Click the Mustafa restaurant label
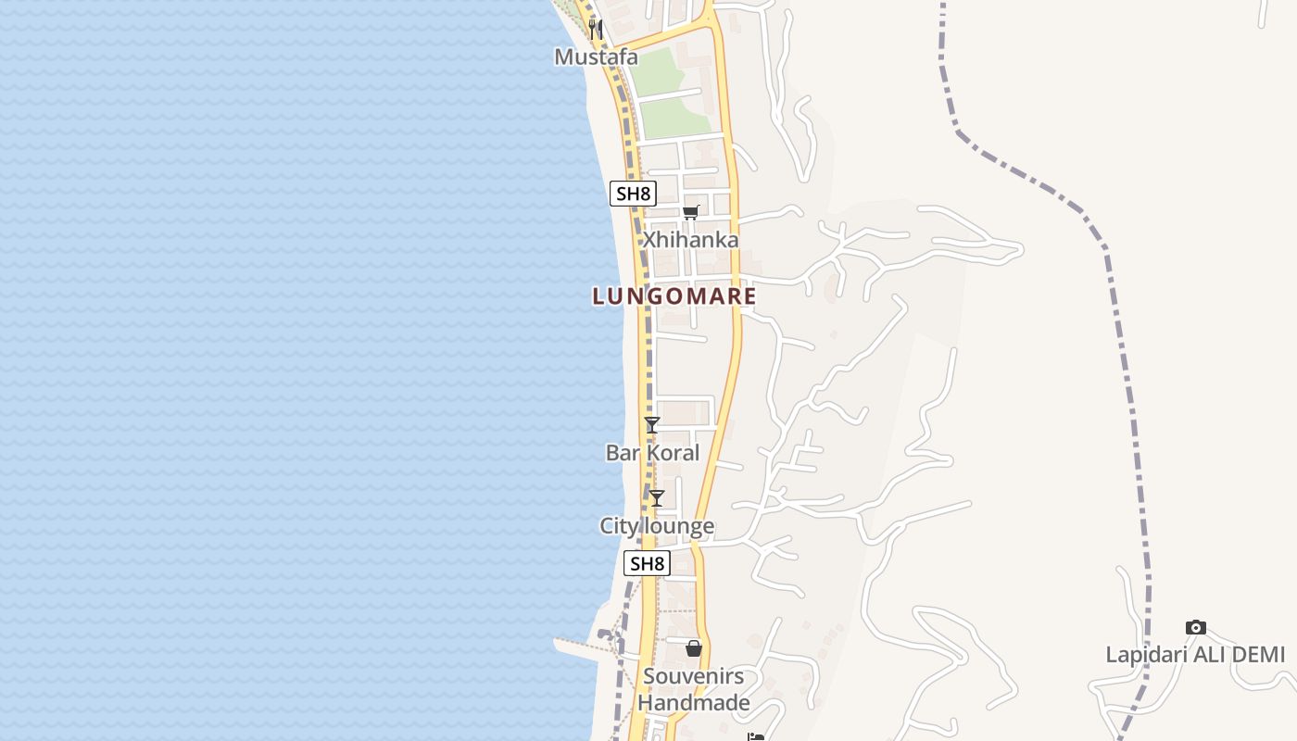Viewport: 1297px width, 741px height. pyautogui.click(x=596, y=57)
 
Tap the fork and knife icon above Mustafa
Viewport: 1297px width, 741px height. pyautogui.click(x=596, y=30)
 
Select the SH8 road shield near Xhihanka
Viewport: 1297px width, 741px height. pyautogui.click(x=634, y=194)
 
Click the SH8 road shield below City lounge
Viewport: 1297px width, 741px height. pyautogui.click(x=647, y=563)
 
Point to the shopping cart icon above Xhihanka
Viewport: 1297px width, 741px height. pyautogui.click(x=690, y=213)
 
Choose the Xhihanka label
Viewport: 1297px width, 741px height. pyautogui.click(x=691, y=240)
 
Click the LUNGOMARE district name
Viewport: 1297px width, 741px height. pyautogui.click(x=674, y=296)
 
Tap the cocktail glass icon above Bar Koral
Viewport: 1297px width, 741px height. pyautogui.click(x=652, y=425)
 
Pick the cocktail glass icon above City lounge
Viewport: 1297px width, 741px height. pyautogui.click(x=657, y=498)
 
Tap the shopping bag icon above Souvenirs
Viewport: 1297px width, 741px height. pyautogui.click(x=694, y=648)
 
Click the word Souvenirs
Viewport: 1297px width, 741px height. pyautogui.click(x=693, y=676)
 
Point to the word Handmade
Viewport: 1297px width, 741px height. pyautogui.click(x=693, y=703)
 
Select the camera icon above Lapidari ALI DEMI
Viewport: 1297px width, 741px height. pyautogui.click(x=1196, y=628)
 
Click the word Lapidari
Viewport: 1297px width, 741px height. pyautogui.click(x=1146, y=655)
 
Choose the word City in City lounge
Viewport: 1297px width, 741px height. pyautogui.click(x=618, y=526)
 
